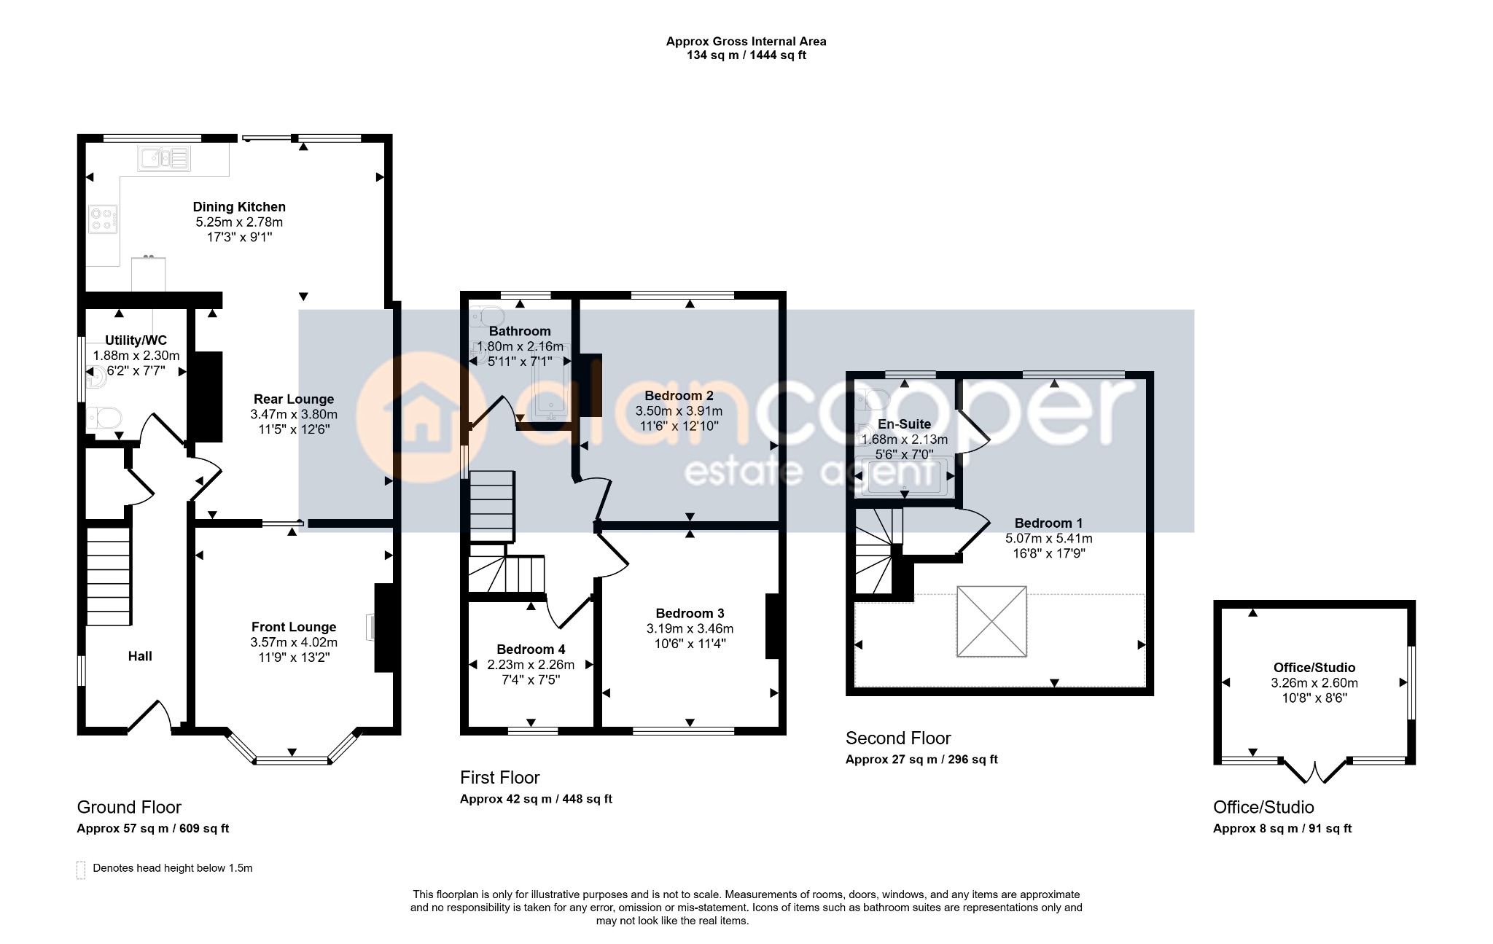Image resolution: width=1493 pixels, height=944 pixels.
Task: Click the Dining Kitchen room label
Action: click(239, 207)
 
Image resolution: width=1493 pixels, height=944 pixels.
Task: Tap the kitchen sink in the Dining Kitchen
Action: click(164, 158)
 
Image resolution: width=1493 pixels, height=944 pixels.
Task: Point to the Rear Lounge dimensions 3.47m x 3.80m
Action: click(294, 414)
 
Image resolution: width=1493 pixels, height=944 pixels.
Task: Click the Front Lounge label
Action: click(294, 627)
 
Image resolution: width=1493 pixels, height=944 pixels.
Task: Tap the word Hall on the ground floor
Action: click(140, 656)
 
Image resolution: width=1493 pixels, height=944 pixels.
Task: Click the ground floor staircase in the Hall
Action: click(109, 576)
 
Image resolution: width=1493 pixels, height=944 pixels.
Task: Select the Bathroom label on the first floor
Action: click(520, 331)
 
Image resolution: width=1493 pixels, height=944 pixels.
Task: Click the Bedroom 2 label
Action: click(679, 396)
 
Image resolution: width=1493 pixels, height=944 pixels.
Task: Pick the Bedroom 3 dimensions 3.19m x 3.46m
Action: click(690, 628)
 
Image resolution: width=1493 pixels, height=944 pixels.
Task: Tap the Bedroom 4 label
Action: click(531, 650)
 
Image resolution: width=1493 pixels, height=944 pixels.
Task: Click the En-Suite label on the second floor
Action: click(904, 424)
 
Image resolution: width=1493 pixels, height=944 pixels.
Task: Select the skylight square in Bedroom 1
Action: click(991, 622)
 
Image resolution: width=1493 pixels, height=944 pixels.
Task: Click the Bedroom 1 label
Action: click(1048, 523)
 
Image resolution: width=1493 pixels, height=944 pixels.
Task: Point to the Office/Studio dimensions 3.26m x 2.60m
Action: click(1314, 683)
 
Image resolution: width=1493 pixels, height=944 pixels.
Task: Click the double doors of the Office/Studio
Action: click(1314, 771)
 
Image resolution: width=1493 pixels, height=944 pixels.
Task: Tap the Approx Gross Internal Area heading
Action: click(746, 42)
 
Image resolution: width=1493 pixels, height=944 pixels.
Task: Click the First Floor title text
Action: click(499, 777)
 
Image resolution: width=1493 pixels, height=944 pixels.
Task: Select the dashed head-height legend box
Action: click(80, 870)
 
